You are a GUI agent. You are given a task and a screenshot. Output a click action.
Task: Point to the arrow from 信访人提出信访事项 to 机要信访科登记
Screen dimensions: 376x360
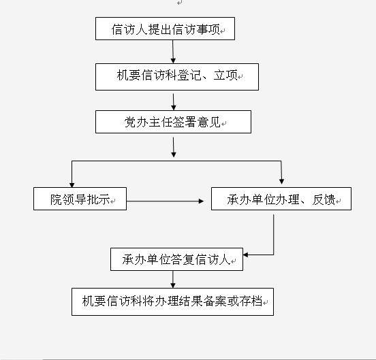(x=173, y=52)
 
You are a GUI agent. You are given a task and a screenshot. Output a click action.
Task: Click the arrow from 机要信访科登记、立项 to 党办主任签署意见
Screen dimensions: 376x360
(x=174, y=102)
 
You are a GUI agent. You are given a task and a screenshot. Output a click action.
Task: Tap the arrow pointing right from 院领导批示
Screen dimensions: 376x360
(x=165, y=201)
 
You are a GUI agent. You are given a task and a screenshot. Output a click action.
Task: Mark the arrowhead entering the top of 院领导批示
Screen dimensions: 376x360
(x=72, y=185)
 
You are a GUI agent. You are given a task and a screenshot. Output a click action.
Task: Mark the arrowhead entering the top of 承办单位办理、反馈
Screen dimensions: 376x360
(x=282, y=182)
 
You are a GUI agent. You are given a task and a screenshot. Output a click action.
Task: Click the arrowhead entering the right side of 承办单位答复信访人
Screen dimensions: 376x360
(x=245, y=255)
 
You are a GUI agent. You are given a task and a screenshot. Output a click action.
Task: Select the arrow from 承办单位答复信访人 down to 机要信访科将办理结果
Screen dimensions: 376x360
(x=173, y=279)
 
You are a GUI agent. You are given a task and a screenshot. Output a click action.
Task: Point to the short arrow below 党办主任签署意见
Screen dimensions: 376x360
(x=174, y=147)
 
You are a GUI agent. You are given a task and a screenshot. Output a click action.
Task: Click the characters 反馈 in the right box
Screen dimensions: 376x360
(x=324, y=199)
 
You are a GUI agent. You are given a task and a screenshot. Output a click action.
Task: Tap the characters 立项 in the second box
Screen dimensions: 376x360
(x=225, y=76)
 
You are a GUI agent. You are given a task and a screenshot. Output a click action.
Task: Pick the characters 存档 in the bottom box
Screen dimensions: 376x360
(x=251, y=301)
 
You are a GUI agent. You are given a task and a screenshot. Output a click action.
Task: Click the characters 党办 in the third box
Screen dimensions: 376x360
(x=136, y=122)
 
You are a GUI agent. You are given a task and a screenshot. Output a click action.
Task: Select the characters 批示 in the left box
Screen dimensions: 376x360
(x=98, y=199)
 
